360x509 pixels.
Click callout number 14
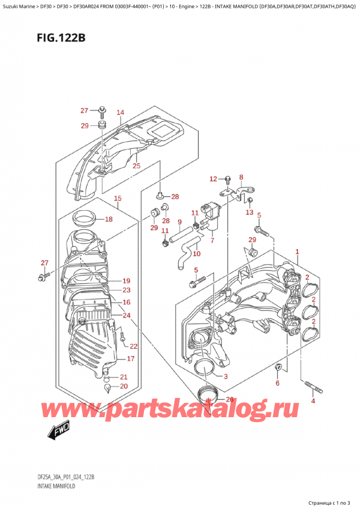(120, 113)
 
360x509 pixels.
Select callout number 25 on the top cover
(136, 166)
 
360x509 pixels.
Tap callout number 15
(118, 199)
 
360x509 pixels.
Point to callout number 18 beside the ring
(109, 220)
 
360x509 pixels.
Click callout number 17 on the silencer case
(130, 359)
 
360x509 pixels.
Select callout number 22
(134, 346)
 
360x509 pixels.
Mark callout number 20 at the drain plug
(124, 386)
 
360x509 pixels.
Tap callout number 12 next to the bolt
(212, 179)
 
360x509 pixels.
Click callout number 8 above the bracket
(241, 177)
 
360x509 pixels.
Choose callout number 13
(249, 212)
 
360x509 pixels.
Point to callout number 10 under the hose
(196, 254)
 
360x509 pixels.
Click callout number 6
(277, 383)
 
